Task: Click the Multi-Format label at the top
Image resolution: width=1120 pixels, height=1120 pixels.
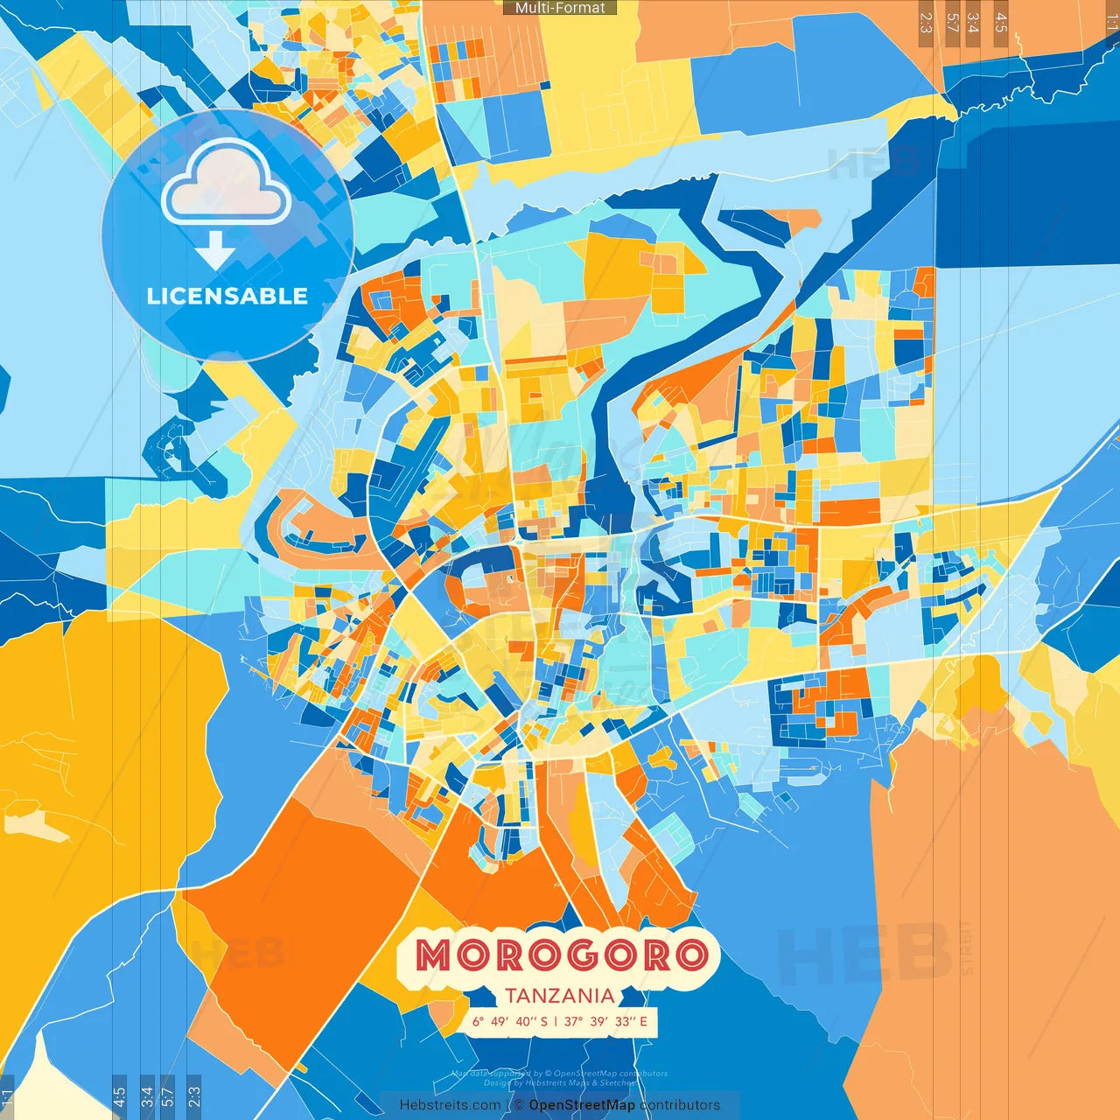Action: [x=560, y=8]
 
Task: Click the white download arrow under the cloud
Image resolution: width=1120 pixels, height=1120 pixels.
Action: [x=215, y=251]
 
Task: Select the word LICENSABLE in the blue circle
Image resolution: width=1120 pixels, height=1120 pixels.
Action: [x=227, y=296]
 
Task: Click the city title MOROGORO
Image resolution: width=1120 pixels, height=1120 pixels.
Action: [x=561, y=955]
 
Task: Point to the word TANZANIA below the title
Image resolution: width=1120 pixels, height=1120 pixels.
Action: [x=560, y=996]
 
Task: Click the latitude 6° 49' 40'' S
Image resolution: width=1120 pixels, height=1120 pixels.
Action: [x=510, y=1021]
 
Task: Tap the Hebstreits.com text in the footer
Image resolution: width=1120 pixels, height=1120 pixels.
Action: [x=450, y=1105]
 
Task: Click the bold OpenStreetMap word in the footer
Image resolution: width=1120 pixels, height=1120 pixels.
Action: [x=582, y=1105]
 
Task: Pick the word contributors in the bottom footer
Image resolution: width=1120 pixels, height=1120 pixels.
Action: [x=680, y=1105]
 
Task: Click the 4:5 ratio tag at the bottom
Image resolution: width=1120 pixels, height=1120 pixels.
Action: [x=119, y=1095]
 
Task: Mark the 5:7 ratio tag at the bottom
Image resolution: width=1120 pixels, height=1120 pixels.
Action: [x=168, y=1095]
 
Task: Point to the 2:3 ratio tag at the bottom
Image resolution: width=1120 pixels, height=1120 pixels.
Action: [x=194, y=1095]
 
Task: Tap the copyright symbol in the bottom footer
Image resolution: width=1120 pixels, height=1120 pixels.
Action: [x=519, y=1105]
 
